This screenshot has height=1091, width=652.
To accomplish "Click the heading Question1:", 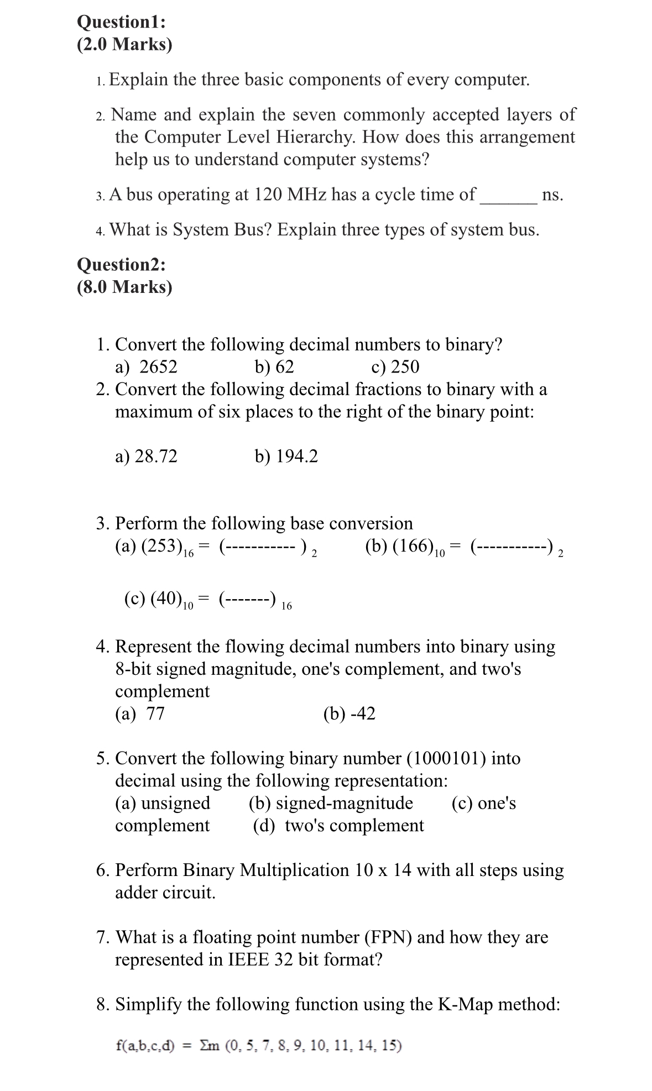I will (x=121, y=22).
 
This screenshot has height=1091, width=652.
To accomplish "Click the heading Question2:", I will (x=121, y=265).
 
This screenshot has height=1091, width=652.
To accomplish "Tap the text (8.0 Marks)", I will (x=124, y=287).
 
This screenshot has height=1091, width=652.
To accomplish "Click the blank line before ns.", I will (x=508, y=199).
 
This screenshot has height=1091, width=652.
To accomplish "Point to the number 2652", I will (x=158, y=367).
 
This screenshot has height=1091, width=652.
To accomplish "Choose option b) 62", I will (x=274, y=367).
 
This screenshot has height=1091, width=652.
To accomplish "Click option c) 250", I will (x=395, y=367).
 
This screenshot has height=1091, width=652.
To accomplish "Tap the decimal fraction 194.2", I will (x=297, y=457).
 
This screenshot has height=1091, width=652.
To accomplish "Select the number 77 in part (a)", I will (x=155, y=714).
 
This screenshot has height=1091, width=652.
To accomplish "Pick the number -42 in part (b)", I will (x=363, y=714).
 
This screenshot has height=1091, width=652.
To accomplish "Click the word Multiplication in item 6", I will (x=294, y=870).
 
